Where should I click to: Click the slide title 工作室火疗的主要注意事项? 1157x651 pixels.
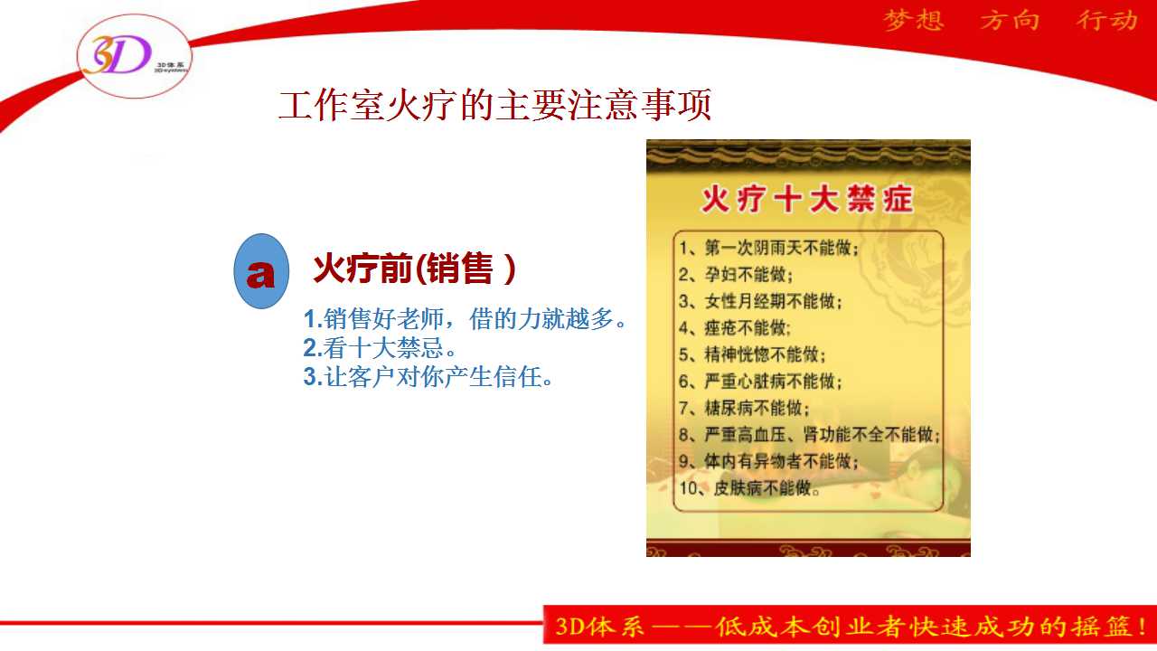[x=494, y=105]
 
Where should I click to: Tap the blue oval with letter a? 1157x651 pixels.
[x=261, y=271]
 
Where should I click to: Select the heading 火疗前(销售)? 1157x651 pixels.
[x=414, y=269]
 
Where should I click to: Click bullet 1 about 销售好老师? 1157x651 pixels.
[x=465, y=319]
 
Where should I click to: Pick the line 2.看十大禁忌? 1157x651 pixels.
[x=380, y=348]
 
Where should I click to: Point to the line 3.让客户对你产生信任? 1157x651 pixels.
[x=428, y=377]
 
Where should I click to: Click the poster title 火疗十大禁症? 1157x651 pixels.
[x=807, y=200]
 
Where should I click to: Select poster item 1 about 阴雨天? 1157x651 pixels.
[x=768, y=248]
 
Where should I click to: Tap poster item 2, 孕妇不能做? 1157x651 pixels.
[x=736, y=274]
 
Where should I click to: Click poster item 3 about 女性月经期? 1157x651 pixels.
[x=760, y=301]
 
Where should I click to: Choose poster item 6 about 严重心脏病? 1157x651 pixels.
[x=760, y=382]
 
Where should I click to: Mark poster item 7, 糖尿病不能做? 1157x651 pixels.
[x=744, y=408]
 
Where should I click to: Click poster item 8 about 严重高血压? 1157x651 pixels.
[x=809, y=435]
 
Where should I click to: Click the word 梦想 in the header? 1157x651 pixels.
[x=914, y=21]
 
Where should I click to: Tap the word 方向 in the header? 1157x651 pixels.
[x=1010, y=21]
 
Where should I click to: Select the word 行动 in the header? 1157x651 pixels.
[x=1107, y=21]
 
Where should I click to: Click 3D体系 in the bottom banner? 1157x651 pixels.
[x=600, y=627]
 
